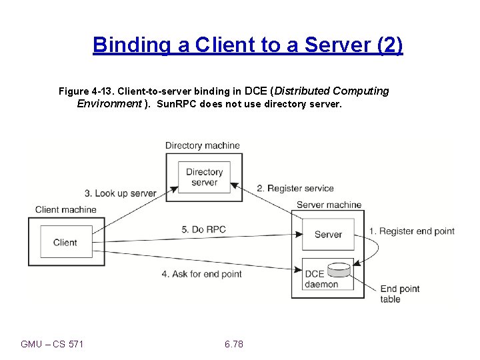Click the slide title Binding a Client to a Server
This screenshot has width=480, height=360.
point(248,45)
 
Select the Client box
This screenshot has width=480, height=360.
point(65,243)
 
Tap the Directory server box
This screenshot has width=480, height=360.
point(204,177)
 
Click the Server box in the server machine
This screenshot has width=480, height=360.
point(328,234)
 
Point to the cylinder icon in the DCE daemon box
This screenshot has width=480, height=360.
point(339,270)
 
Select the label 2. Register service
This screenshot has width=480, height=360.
point(295,189)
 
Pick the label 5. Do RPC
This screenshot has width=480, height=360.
point(203,229)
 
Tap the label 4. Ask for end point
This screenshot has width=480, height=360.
point(201,274)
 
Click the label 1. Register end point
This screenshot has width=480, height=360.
point(412,231)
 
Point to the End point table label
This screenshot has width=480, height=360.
point(399,294)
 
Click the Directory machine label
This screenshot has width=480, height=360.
point(202,145)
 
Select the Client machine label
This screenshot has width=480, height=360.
point(65,209)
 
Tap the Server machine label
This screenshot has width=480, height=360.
point(329,205)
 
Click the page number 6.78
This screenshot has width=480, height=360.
point(234,344)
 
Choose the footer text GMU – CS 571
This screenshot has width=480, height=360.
point(52,344)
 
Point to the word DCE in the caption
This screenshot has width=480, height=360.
point(257,91)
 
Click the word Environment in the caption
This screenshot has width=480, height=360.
point(109,104)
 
